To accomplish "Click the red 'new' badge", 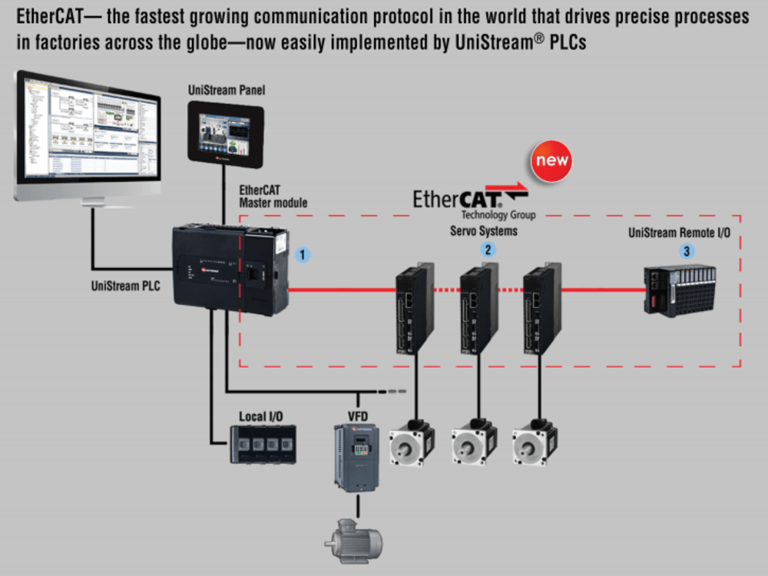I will pyautogui.click(x=551, y=161).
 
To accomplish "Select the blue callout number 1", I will pyautogui.click(x=303, y=254).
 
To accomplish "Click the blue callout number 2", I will pyautogui.click(x=487, y=248).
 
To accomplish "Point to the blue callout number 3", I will pyautogui.click(x=686, y=250).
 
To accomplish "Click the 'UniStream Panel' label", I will pyautogui.click(x=227, y=91).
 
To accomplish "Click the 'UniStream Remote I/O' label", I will pyautogui.click(x=679, y=233).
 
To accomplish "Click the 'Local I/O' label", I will pyautogui.click(x=260, y=416).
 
